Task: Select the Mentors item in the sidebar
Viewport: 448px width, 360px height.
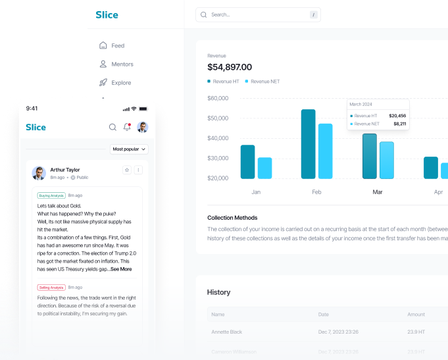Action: [122, 64]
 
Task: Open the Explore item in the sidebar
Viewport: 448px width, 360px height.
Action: [121, 83]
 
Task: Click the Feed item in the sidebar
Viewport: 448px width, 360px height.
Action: [118, 46]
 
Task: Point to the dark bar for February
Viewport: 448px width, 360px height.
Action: [309, 143]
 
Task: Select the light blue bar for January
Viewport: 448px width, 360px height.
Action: [265, 168]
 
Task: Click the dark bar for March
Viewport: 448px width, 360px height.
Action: [370, 156]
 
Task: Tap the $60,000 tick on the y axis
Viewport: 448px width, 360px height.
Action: [218, 98]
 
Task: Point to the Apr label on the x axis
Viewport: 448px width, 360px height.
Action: [438, 192]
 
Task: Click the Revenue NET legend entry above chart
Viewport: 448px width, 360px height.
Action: [264, 82]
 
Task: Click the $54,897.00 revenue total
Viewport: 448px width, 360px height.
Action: [230, 67]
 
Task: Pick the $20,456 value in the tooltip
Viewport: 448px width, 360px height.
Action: [397, 115]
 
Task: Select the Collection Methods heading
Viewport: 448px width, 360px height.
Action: [232, 218]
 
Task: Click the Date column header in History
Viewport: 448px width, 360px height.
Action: [324, 315]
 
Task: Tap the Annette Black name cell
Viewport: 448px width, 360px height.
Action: [226, 332]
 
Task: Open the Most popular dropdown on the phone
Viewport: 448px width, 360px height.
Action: [129, 149]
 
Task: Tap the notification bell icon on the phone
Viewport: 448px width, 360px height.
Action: [127, 127]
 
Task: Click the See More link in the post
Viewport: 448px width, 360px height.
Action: [121, 269]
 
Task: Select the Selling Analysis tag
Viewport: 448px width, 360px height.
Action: [51, 288]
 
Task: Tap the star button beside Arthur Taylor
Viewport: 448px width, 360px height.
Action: [127, 170]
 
